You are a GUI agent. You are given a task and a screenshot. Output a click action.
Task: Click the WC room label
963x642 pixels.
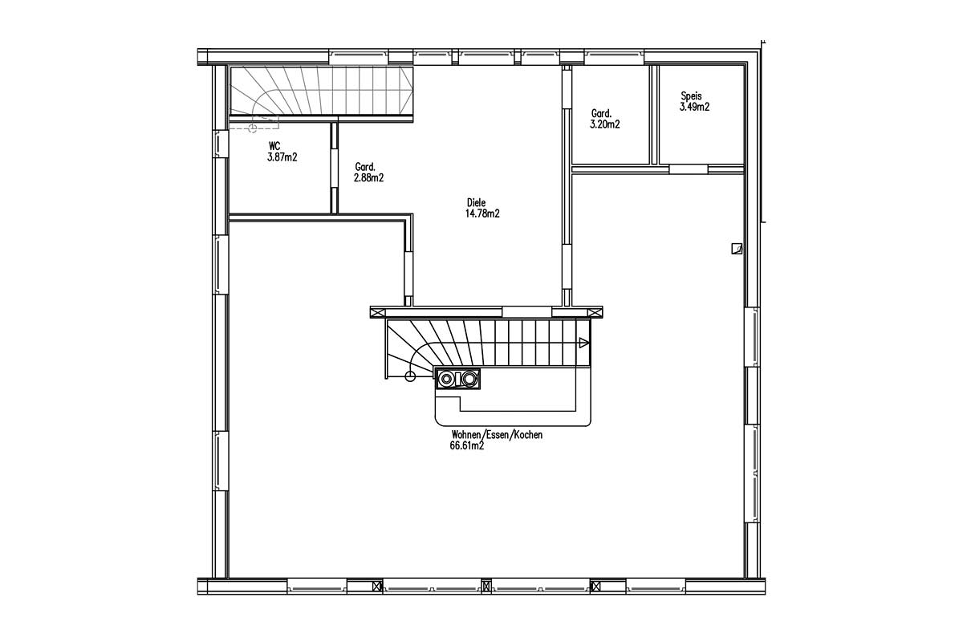click(274, 146)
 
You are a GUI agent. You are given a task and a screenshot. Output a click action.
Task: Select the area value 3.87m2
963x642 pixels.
click(282, 157)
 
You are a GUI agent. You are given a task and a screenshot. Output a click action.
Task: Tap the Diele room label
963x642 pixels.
click(477, 202)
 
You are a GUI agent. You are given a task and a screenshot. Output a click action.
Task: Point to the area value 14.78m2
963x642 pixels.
click(482, 213)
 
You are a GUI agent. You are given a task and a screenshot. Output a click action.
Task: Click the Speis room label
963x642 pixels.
click(691, 96)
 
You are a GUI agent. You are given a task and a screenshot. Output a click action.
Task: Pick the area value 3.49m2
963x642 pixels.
click(694, 107)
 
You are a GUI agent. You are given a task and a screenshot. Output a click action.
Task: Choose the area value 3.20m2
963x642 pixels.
click(605, 124)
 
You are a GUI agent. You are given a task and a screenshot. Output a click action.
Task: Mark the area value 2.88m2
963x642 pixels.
click(369, 177)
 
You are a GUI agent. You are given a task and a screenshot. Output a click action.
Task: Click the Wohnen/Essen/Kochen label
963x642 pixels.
click(497, 435)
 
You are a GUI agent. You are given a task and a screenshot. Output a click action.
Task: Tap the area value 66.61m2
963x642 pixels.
click(467, 446)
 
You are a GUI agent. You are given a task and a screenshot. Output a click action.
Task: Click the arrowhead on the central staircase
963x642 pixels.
click(584, 343)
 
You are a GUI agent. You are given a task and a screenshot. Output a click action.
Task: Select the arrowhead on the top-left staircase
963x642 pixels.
click(406, 91)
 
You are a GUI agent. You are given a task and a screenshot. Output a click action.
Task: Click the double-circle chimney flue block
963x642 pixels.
click(457, 379)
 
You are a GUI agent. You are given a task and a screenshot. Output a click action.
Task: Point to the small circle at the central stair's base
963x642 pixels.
click(411, 377)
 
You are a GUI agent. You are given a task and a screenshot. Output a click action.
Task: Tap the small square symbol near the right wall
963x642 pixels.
click(737, 249)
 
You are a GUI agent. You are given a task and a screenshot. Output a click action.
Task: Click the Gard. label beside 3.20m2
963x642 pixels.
click(601, 114)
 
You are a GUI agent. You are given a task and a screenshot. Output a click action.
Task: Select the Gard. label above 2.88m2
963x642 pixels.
click(365, 167)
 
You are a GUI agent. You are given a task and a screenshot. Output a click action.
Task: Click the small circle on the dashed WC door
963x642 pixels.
click(253, 128)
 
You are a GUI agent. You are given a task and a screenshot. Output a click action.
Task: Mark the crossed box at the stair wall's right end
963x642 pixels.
click(595, 312)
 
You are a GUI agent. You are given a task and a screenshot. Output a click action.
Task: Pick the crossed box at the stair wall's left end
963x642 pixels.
click(377, 312)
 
